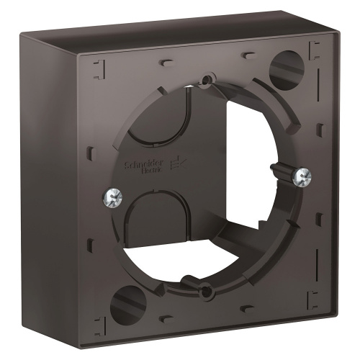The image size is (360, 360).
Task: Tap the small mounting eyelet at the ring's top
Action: (x=207, y=78)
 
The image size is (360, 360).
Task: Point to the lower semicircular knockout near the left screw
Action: (x=148, y=227)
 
